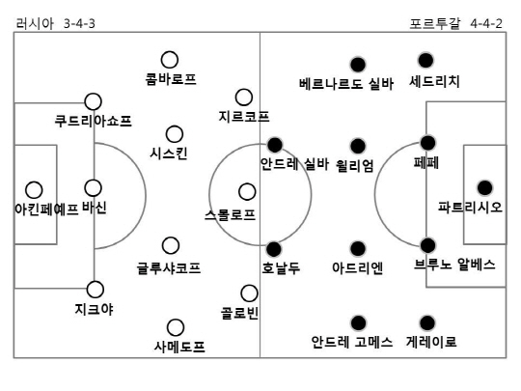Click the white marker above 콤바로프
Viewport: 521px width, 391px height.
(x=170, y=60)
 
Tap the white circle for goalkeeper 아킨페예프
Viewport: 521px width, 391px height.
(x=34, y=190)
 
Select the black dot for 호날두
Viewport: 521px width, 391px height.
(x=274, y=249)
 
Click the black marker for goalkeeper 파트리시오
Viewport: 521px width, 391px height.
(x=484, y=188)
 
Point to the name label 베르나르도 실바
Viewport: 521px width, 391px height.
(x=346, y=84)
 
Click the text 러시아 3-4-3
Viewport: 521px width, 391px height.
(x=56, y=23)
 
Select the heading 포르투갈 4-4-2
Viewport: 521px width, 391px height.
(x=455, y=23)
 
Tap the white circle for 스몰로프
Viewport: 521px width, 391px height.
(x=247, y=192)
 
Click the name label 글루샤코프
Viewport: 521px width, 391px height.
(x=169, y=267)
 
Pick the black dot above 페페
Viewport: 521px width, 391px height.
(x=427, y=143)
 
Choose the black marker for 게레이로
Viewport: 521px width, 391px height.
(x=427, y=322)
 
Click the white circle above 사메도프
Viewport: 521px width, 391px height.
(x=176, y=327)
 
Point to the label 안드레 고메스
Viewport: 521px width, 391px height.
(x=352, y=342)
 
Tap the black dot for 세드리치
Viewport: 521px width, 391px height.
(x=425, y=61)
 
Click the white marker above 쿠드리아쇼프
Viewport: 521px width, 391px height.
(x=93, y=101)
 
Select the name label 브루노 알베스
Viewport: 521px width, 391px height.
(x=454, y=265)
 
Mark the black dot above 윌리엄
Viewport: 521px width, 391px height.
(x=358, y=146)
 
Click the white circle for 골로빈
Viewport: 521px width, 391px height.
(x=249, y=293)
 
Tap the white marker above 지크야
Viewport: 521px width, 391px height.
(x=95, y=290)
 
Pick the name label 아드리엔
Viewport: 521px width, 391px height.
(x=358, y=267)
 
